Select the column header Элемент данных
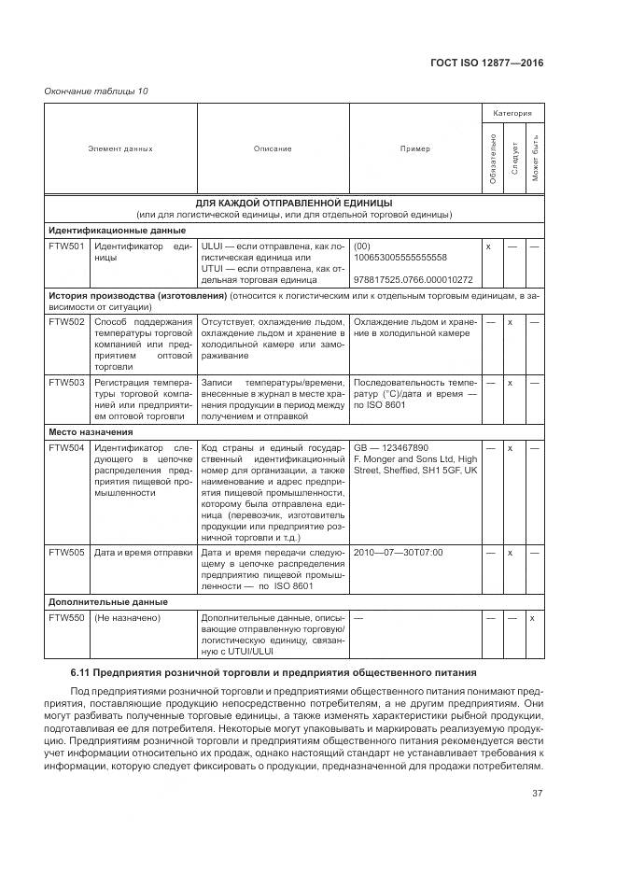coord(120,148)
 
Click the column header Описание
coord(273,148)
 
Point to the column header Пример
coord(415,148)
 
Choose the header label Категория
coord(512,113)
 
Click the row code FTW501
coord(66,246)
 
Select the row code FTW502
coord(66,321)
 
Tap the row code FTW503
coord(66,382)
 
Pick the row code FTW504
coord(66,447)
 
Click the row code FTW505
coord(66,552)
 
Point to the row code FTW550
coord(66,617)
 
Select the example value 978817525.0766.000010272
coord(414,279)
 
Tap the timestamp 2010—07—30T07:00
coord(399,552)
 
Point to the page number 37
coord(537,795)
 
